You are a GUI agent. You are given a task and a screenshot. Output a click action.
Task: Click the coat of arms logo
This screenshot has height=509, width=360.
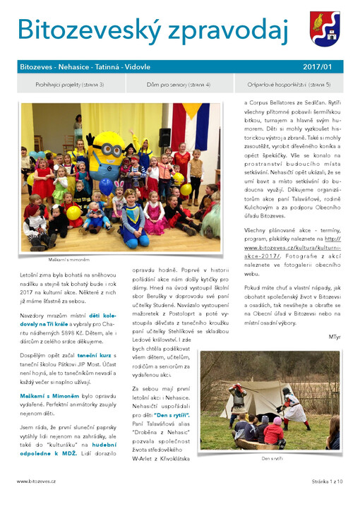point(325,28)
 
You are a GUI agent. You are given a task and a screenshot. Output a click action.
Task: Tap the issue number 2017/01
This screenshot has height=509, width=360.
point(317,66)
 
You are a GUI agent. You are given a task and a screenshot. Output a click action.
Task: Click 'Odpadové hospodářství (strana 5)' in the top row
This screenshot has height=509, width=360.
point(289,85)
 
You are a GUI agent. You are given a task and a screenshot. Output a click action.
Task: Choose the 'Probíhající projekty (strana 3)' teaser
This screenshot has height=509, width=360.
point(70,85)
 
